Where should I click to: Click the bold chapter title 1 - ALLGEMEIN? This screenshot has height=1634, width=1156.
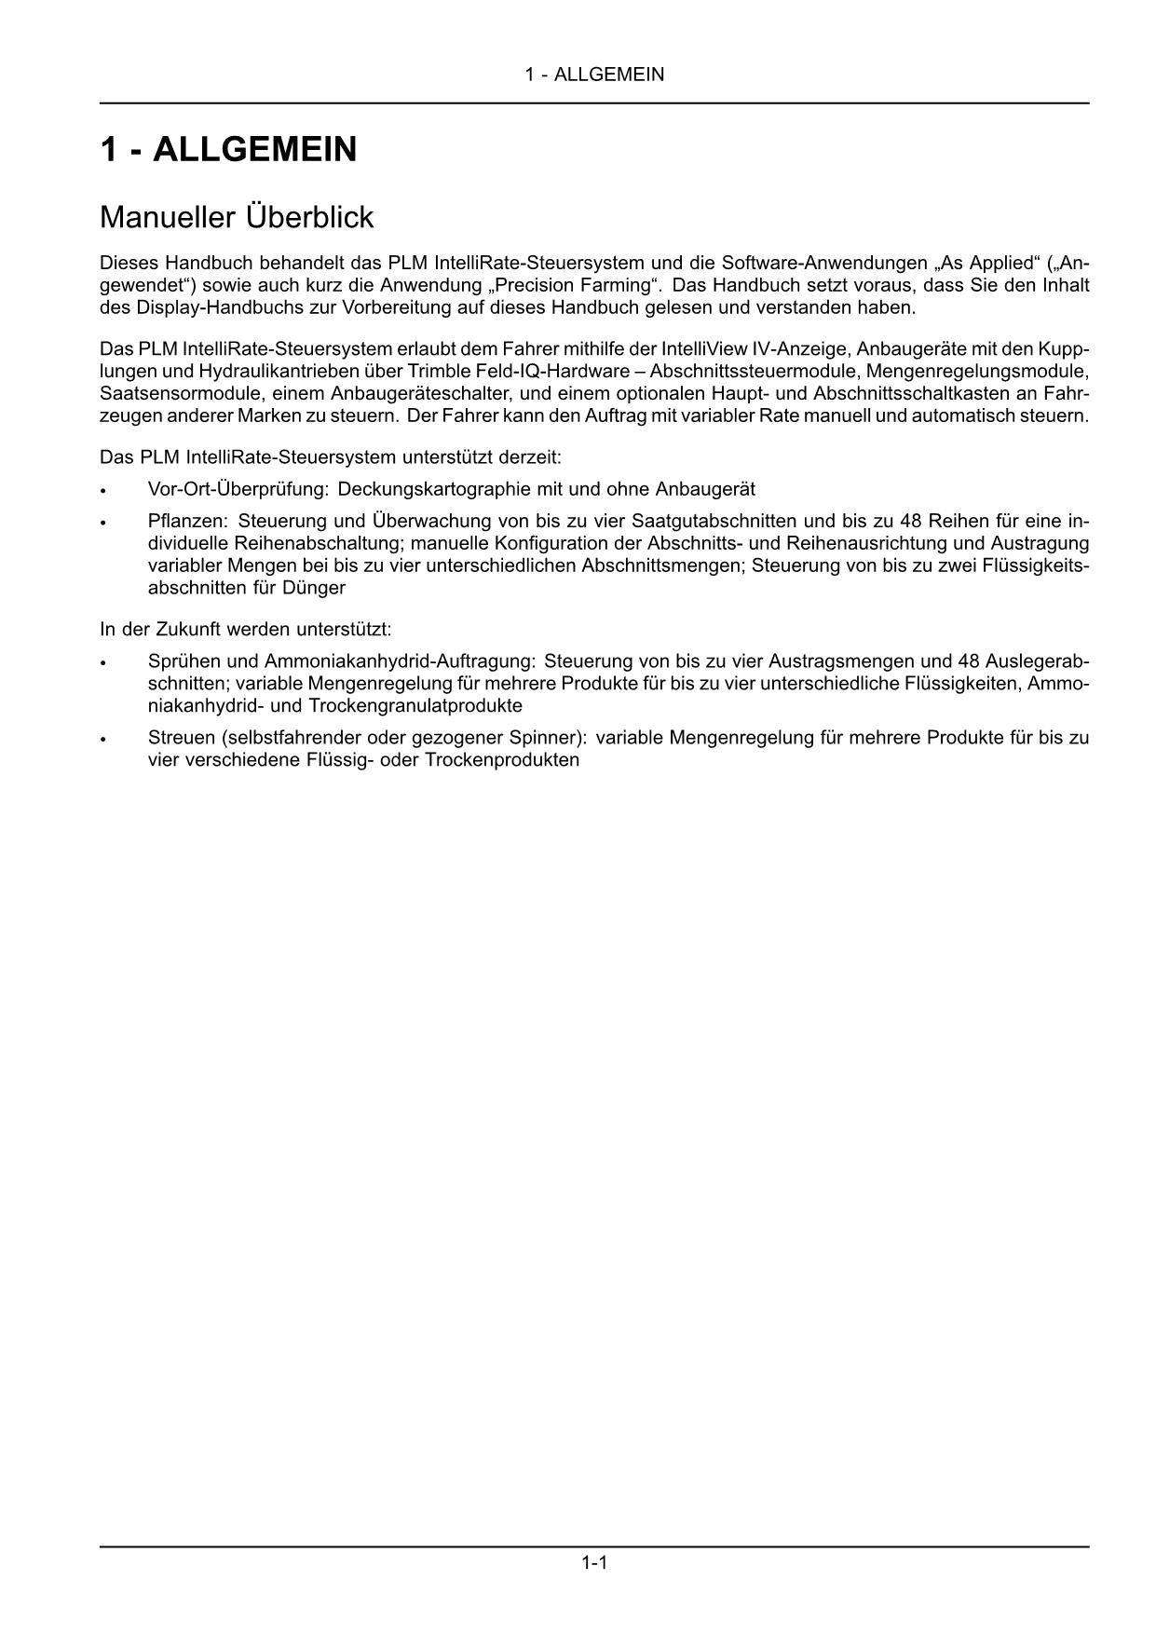[228, 149]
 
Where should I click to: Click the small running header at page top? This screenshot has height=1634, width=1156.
[594, 75]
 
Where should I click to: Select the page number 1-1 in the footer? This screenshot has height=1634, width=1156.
[594, 1562]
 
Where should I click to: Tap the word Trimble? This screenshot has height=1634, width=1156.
[441, 371]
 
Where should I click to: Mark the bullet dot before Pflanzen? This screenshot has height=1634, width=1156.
[104, 523]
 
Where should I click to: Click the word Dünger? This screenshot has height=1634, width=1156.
[313, 588]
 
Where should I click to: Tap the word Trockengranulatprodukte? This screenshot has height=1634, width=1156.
[415, 705]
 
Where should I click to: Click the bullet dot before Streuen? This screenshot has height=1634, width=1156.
[104, 740]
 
